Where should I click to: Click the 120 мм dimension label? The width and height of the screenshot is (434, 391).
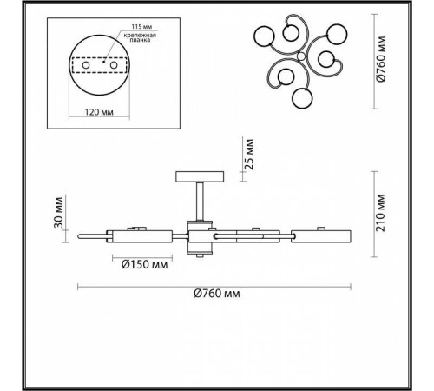[99, 112]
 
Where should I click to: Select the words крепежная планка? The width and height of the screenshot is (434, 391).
[140, 38]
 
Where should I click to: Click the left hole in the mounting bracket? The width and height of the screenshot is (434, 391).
[86, 65]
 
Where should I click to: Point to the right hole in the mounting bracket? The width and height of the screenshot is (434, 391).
[114, 65]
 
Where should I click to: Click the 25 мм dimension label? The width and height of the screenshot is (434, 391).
[249, 155]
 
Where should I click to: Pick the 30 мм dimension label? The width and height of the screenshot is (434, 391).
[58, 212]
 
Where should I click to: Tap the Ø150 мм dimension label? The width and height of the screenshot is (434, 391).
[145, 264]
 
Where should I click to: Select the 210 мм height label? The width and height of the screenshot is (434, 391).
[381, 213]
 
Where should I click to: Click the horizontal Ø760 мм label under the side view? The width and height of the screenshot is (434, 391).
[217, 294]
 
